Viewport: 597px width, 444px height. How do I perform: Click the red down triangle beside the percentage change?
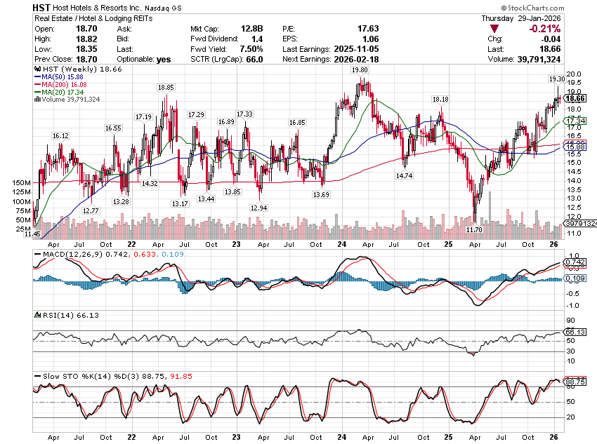[494, 29]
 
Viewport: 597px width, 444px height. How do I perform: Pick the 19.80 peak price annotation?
[360, 71]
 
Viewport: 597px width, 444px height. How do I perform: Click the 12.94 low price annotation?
[258, 208]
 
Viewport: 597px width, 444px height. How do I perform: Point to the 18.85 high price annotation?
[166, 88]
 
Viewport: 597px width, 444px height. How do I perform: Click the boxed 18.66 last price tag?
[576, 100]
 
